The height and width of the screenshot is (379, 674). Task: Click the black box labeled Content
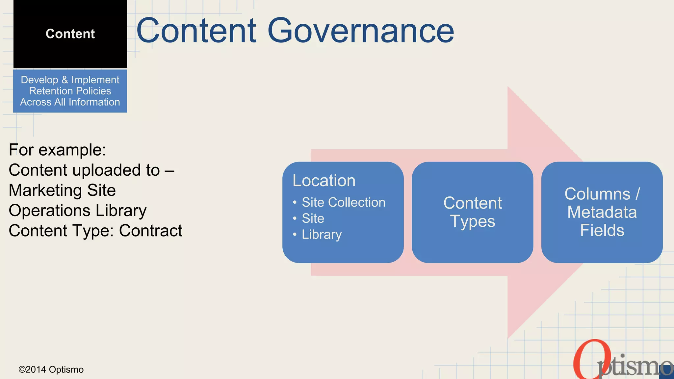[x=70, y=34]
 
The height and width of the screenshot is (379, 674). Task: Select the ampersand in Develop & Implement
[x=65, y=80]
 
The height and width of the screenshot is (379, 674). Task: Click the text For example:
[x=57, y=150]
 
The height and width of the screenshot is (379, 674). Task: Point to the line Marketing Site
[x=62, y=190]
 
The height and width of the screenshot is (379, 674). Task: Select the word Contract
[x=150, y=231]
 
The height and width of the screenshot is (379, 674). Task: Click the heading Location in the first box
[x=324, y=181]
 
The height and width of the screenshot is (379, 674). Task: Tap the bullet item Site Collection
[x=343, y=202]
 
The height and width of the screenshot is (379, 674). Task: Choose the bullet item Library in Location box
[x=322, y=235]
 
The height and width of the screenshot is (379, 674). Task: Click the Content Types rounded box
[x=472, y=212]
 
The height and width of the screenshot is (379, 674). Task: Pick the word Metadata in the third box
[x=602, y=212]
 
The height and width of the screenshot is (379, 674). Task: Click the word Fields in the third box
[x=602, y=230]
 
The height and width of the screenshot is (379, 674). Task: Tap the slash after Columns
[x=637, y=194]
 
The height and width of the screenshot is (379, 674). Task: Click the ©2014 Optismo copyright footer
[x=51, y=369]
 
